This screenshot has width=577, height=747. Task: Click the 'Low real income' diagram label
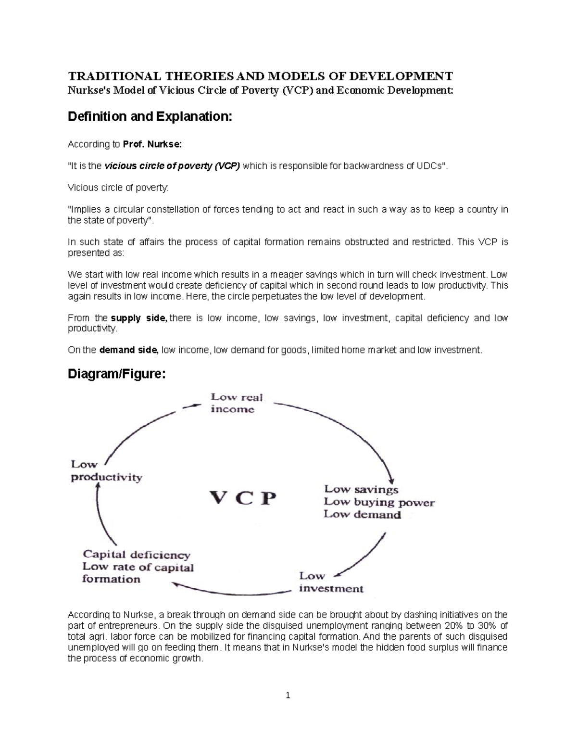click(x=237, y=403)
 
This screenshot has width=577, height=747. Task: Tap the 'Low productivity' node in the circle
click(x=106, y=471)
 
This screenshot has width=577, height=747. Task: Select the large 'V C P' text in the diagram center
click(x=243, y=498)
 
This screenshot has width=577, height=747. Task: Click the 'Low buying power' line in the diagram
click(x=379, y=502)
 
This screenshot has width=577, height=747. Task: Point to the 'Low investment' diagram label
click(x=331, y=582)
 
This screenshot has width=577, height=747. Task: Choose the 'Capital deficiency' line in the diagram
click(x=137, y=555)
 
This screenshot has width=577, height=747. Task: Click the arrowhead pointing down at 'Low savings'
click(x=392, y=480)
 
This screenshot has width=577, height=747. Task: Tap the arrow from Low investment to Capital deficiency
click(x=231, y=590)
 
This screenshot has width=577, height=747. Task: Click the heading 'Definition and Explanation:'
click(x=150, y=116)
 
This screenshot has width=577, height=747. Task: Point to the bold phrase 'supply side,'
click(x=138, y=318)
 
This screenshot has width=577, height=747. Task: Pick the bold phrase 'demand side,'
click(x=128, y=350)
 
